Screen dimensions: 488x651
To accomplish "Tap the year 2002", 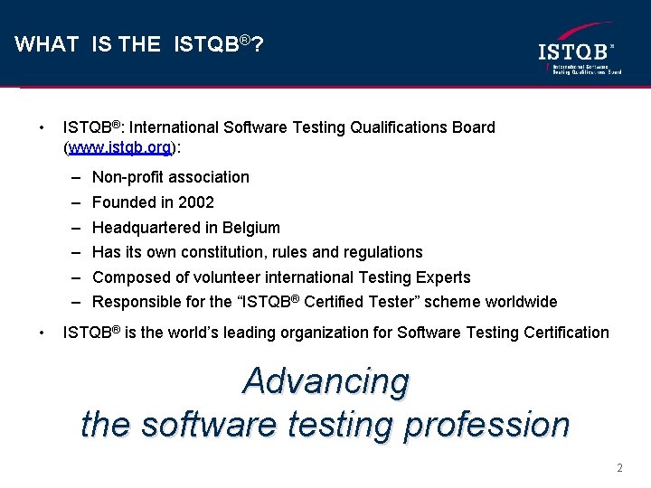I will click(196, 202).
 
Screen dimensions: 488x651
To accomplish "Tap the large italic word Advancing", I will click(325, 381).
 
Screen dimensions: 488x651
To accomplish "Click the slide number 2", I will click(619, 468).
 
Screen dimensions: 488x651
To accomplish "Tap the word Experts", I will click(439, 277).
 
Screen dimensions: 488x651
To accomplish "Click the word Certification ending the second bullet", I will click(565, 333).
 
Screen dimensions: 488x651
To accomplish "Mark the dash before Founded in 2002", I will click(72, 202).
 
